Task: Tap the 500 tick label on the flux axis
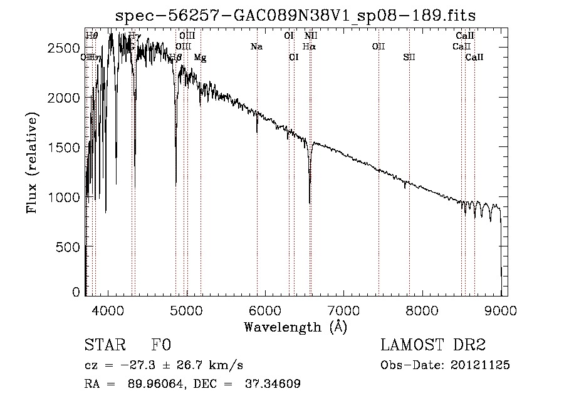point(70,246)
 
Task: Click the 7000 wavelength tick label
point(343,310)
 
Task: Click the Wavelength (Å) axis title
point(295,327)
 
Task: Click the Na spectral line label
point(256,47)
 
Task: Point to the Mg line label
point(200,58)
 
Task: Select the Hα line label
point(309,47)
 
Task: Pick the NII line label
point(311,36)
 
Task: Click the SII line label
point(409,58)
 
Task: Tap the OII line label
point(379,47)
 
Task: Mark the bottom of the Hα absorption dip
point(310,202)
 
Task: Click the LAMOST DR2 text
point(433,345)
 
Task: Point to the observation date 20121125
point(481,365)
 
